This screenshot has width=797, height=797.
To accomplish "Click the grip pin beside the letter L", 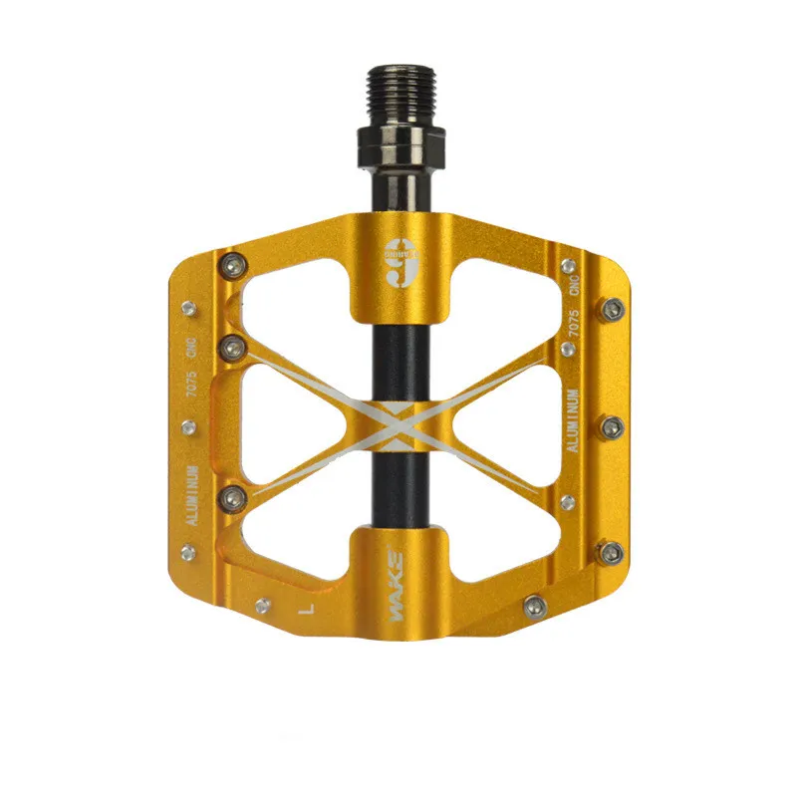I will [x=263, y=605].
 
